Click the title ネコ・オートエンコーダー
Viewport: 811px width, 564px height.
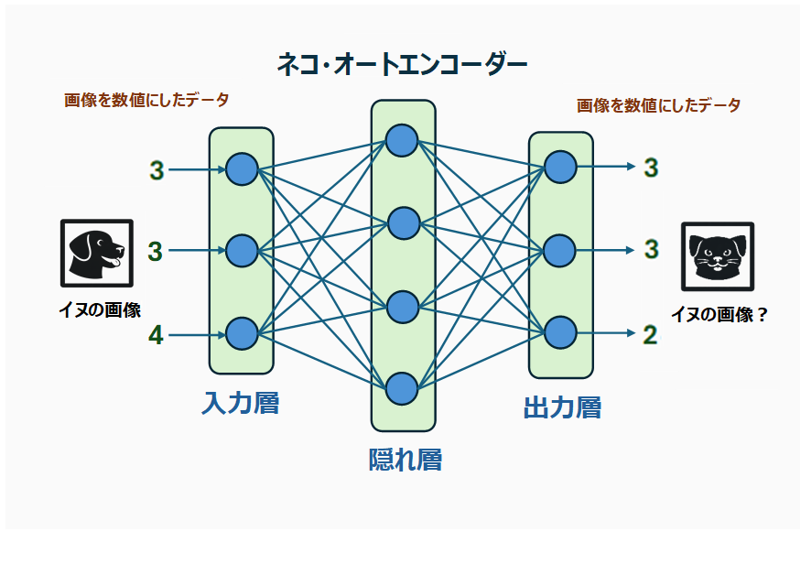click(402, 64)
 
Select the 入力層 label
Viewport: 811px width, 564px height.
click(241, 403)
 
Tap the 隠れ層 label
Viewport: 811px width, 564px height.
click(405, 459)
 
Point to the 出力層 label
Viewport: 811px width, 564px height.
click(562, 407)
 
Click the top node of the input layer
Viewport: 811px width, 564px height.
click(242, 169)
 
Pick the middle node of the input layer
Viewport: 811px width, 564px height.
click(242, 251)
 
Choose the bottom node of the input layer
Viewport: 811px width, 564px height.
click(242, 333)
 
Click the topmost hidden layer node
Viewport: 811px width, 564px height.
click(402, 140)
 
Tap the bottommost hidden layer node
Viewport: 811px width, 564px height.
click(402, 388)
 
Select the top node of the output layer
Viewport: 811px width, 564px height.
click(560, 167)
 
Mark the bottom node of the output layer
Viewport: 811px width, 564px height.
click(560, 332)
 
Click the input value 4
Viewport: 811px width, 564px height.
click(156, 336)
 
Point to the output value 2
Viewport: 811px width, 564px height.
click(650, 335)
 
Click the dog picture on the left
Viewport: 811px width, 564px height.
click(96, 252)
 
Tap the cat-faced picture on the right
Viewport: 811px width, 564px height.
click(718, 256)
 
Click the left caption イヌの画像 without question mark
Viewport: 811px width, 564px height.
click(100, 310)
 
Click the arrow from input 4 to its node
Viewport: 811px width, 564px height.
click(197, 335)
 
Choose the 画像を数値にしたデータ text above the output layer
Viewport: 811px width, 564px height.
click(658, 105)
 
